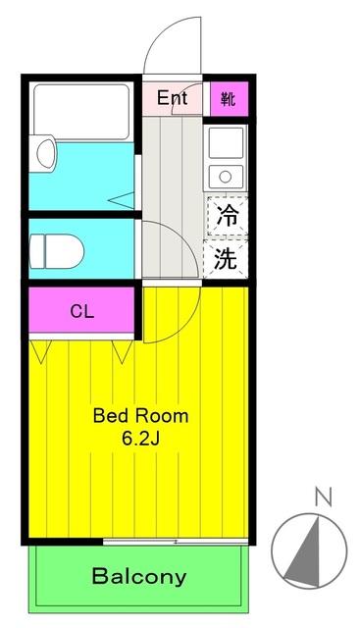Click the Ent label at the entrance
(x=172, y=98)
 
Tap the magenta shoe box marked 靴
(x=228, y=98)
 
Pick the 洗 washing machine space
(x=227, y=259)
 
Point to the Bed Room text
(x=140, y=415)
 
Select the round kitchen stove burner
(x=225, y=177)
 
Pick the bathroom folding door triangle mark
(x=123, y=200)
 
